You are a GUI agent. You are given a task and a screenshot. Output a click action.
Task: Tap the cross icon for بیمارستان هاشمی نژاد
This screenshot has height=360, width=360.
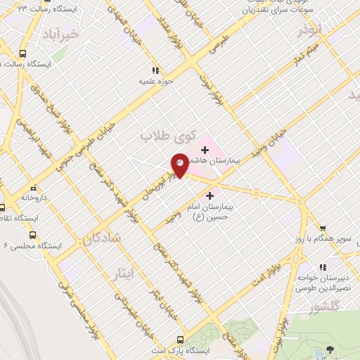tap(205, 150)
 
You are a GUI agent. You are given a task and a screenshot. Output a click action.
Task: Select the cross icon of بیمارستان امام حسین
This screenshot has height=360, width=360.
tap(209, 195)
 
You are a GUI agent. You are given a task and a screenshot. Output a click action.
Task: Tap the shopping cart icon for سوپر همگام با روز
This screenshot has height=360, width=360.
tap(323, 229)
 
